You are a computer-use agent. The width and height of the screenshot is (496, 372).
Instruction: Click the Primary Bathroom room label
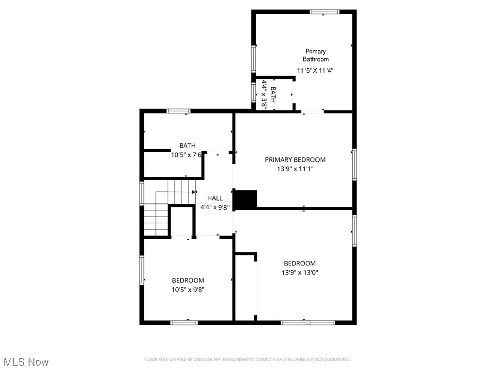tap(315, 55)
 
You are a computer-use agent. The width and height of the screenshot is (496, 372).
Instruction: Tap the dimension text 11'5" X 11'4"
tap(315, 70)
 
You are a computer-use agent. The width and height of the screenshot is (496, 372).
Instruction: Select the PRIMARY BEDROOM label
tap(295, 160)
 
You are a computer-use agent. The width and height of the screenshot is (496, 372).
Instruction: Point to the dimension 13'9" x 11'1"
tap(295, 170)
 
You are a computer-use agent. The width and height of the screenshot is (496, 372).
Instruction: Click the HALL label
tap(215, 198)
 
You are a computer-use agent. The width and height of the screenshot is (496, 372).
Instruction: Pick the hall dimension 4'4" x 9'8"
tap(215, 207)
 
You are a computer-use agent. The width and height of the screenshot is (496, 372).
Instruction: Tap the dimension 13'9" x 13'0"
tap(300, 272)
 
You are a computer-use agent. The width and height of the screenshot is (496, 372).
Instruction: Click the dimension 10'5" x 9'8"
tap(188, 290)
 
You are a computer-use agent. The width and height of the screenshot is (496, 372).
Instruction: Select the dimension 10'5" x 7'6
tap(187, 155)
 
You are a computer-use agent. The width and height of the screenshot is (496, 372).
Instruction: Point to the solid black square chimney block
tap(245, 199)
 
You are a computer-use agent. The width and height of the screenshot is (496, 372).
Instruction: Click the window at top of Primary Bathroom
tap(324, 12)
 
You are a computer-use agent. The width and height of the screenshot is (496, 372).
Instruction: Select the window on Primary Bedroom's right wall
tap(355, 165)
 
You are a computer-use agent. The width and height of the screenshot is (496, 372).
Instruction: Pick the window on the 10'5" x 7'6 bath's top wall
tap(179, 111)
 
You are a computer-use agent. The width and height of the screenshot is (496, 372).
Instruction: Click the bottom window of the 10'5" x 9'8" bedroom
tap(184, 322)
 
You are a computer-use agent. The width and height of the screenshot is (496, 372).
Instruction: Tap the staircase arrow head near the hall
tap(194, 192)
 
